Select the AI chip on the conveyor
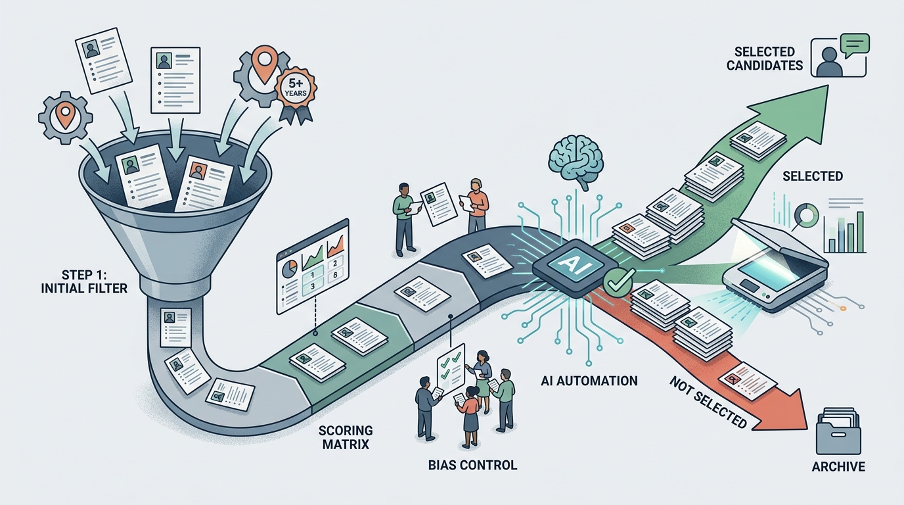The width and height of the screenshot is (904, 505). [x=569, y=267]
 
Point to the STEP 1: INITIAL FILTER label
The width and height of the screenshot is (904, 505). [x=84, y=281]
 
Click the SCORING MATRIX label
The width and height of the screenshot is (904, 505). [x=346, y=437]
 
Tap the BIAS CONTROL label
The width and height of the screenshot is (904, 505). [x=472, y=465]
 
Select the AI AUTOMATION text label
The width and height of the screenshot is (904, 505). [x=589, y=381]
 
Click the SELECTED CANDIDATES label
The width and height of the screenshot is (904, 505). [x=765, y=59]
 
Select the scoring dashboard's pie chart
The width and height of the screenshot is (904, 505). [x=289, y=268]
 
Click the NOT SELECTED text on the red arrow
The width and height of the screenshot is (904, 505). [x=708, y=402]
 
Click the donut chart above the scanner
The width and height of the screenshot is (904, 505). [x=806, y=215]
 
